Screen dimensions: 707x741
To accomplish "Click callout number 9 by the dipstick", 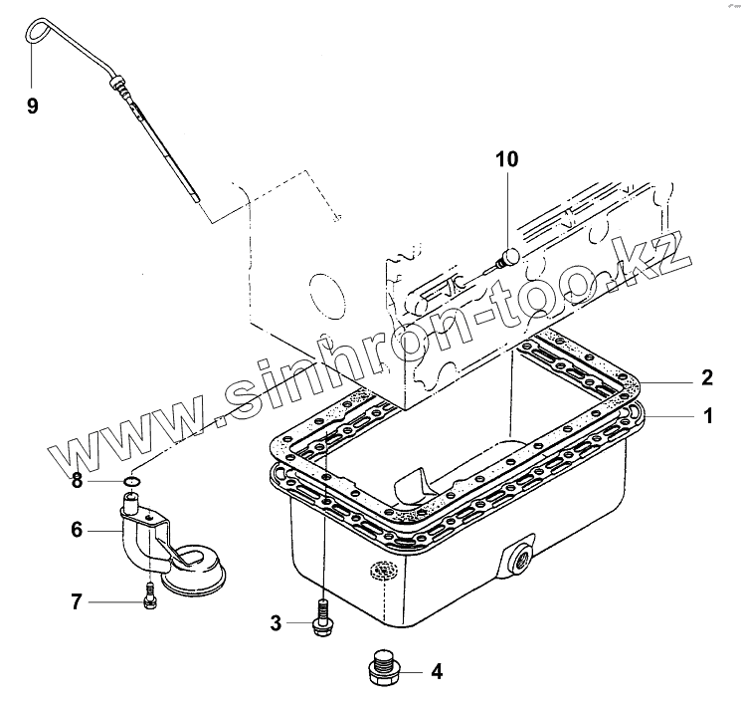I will pos(33,107).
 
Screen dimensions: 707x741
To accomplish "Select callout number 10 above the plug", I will pos(506,159).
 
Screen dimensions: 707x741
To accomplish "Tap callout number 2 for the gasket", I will pos(707,377).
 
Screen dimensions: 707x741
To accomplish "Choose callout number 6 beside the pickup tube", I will pos(76,532).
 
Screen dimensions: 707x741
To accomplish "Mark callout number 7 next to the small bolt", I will pos(76,601).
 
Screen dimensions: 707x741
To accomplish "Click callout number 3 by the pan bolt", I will pos(276,623).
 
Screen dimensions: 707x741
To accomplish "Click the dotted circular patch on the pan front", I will pos(382,571).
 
